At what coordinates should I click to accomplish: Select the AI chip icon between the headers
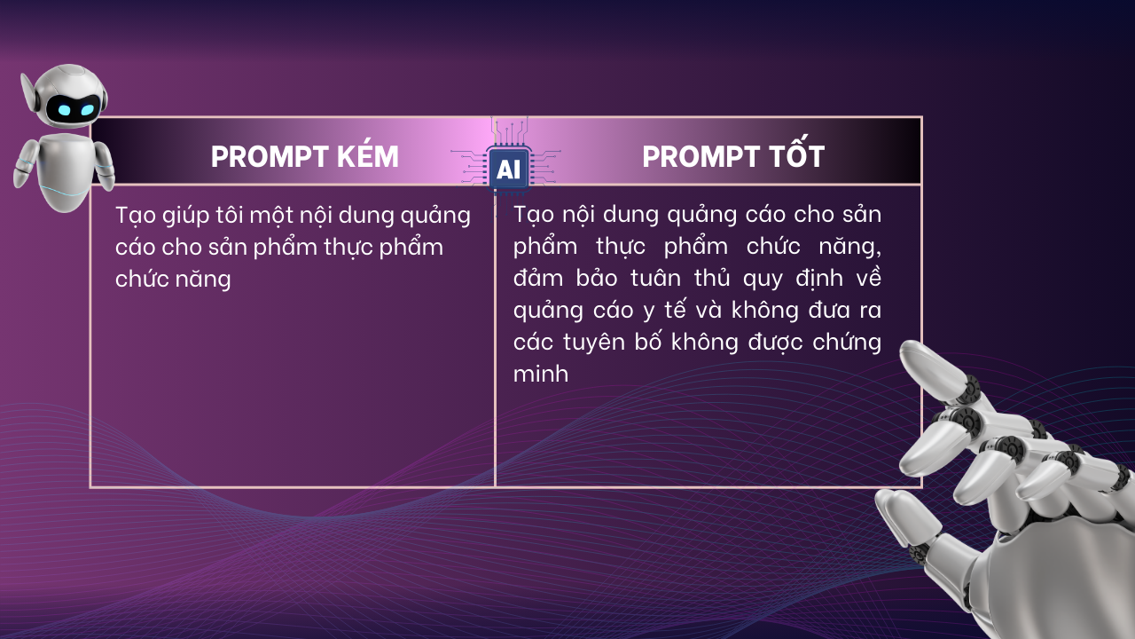508,170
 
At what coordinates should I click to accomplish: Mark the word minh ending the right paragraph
540,375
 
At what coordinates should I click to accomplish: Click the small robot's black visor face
71,110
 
